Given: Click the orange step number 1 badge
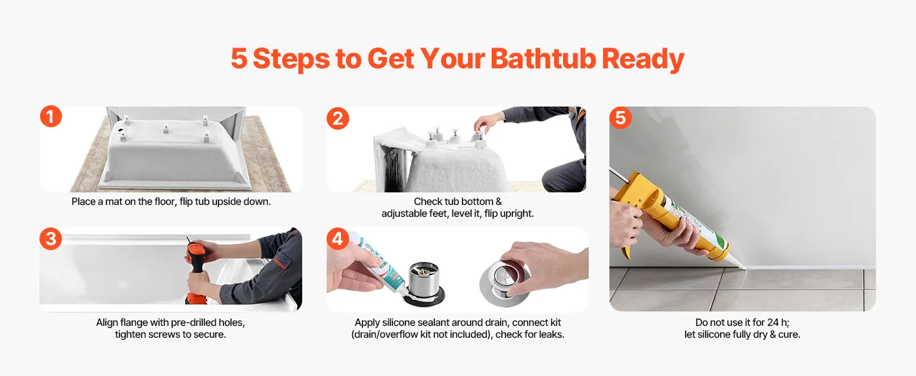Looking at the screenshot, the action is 51,117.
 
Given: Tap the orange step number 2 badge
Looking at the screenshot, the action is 338,118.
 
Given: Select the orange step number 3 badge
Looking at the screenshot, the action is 51,238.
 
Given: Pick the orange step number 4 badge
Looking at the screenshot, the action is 338,238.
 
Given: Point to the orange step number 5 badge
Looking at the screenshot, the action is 620,118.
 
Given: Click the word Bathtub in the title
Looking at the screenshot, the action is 543,58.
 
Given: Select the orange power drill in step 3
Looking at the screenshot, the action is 195,270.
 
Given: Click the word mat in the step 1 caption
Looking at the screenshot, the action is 113,202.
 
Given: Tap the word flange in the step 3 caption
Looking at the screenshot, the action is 134,323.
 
